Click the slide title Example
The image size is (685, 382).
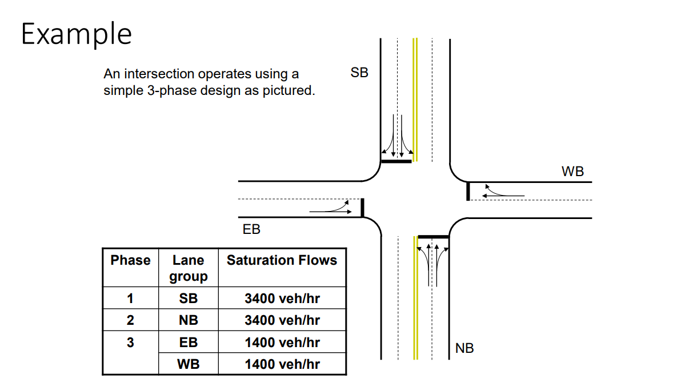pyautogui.click(x=77, y=34)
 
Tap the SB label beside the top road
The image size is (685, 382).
pyautogui.click(x=359, y=73)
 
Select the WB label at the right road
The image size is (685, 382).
pyautogui.click(x=572, y=171)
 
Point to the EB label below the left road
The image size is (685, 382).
pyautogui.click(x=251, y=229)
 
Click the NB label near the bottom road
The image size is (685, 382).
pyautogui.click(x=464, y=348)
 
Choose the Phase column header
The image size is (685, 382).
pyautogui.click(x=130, y=260)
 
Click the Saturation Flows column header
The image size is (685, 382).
pyautogui.click(x=282, y=260)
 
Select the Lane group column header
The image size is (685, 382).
pyautogui.click(x=188, y=268)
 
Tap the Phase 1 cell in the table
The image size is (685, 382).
pyautogui.click(x=130, y=298)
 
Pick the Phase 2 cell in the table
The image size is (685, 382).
pyautogui.click(x=130, y=320)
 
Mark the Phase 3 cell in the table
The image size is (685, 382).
pyautogui.click(x=130, y=343)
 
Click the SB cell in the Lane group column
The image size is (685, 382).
pyautogui.click(x=188, y=298)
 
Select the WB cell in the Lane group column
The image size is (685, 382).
pyautogui.click(x=188, y=364)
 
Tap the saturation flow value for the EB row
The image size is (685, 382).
pyautogui.click(x=282, y=343)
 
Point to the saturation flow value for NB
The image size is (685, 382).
pyautogui.click(x=282, y=320)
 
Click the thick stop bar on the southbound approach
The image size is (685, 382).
pyautogui.click(x=396, y=161)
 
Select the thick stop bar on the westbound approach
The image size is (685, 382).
pyautogui.click(x=468, y=191)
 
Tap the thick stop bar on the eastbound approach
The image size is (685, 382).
pyautogui.click(x=362, y=208)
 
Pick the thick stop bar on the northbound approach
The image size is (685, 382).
pyautogui.click(x=433, y=236)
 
